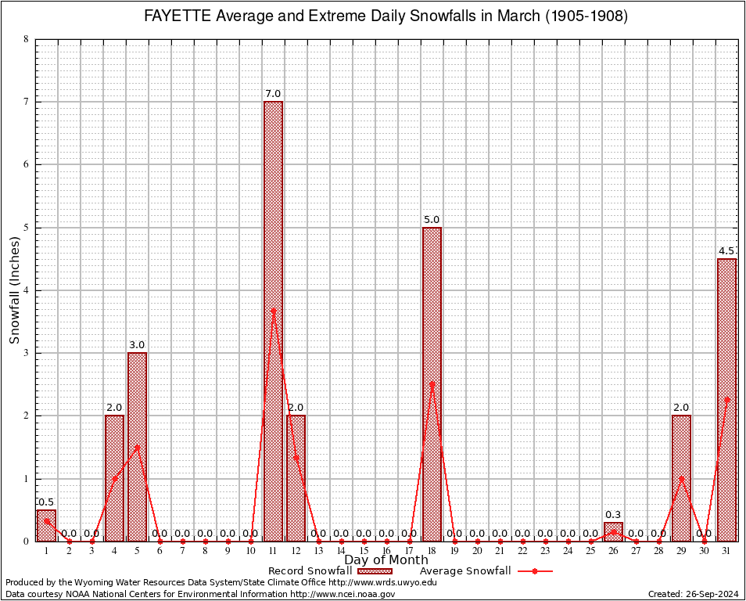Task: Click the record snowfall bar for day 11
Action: [273, 321]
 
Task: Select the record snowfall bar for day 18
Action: [432, 383]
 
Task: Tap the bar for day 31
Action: [726, 399]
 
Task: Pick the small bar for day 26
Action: [613, 532]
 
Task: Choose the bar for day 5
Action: [137, 446]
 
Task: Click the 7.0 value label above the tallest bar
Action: [273, 94]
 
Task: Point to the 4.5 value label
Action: [726, 251]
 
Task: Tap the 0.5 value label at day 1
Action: [46, 502]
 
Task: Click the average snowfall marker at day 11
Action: [273, 311]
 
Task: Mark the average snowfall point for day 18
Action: [432, 384]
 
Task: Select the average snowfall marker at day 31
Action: [726, 400]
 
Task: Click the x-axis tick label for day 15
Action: [364, 551]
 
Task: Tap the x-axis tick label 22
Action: [522, 551]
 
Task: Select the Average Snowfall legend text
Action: [465, 571]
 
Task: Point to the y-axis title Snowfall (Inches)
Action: [15, 290]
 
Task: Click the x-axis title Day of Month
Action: [386, 560]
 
